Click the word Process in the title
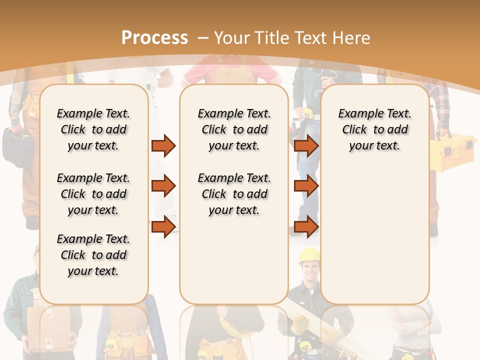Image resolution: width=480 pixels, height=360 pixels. click(154, 38)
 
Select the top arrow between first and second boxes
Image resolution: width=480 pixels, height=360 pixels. click(163, 145)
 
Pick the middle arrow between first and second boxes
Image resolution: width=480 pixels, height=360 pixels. click(163, 186)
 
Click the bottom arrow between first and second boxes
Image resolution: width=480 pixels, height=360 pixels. click(163, 226)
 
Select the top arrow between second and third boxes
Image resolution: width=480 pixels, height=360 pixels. click(306, 145)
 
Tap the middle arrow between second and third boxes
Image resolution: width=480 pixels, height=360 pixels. click(306, 186)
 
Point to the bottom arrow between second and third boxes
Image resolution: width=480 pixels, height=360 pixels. click(306, 226)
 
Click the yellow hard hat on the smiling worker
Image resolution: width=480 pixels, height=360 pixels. click(309, 254)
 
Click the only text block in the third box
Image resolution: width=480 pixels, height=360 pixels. click(374, 129)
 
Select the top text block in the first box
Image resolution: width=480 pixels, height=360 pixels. click(93, 129)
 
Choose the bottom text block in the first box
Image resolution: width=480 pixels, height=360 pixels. click(93, 255)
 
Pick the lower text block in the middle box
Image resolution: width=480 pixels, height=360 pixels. click(234, 194)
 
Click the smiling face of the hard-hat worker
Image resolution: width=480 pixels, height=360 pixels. click(310, 272)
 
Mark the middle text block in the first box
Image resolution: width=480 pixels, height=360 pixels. click(93, 194)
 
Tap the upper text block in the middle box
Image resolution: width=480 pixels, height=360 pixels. click(234, 129)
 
